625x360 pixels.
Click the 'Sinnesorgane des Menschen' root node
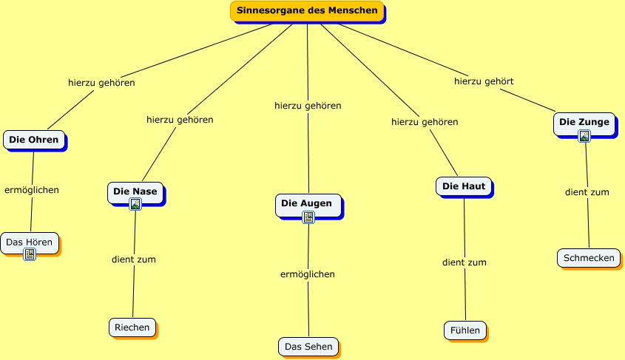pos(307,11)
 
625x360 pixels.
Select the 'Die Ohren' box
pos(34,140)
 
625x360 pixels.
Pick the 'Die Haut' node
pos(464,186)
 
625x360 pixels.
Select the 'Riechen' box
pos(132,327)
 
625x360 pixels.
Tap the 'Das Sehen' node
pos(308,347)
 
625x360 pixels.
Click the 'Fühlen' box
pos(465,330)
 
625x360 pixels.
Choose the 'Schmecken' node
pos(589,258)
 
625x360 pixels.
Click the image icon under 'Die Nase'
pos(135,204)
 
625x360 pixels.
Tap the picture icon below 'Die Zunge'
pos(584,136)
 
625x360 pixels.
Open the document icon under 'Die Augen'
pos(308,217)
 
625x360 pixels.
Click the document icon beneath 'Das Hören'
pos(30,254)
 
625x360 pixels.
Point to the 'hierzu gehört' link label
pos(484,81)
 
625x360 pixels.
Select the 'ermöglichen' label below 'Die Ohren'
pos(32,190)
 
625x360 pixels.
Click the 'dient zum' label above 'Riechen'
pos(134,259)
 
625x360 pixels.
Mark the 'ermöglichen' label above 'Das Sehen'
pos(308,274)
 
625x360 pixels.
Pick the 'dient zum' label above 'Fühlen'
pos(464,263)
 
